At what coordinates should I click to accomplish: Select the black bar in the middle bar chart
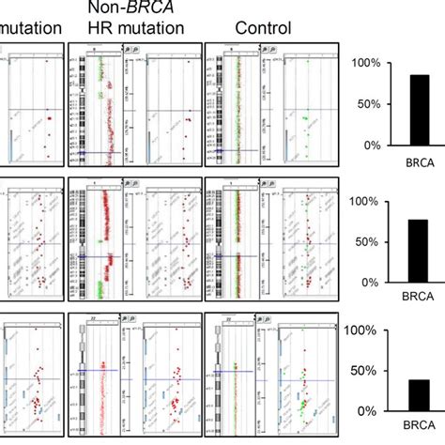pos(419,251)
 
